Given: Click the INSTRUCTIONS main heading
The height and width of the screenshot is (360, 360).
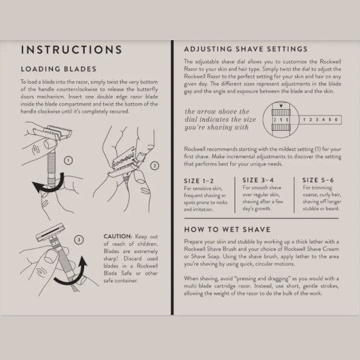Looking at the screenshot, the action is point(71,50).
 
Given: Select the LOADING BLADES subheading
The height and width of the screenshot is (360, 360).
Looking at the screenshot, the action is point(59,69).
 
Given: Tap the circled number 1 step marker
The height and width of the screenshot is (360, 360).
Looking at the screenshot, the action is point(68,160).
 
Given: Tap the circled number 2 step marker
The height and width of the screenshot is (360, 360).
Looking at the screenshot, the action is point(155,166).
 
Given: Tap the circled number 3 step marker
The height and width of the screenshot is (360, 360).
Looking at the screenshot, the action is point(79,240).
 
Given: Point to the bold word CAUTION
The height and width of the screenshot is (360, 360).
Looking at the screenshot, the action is point(118,236).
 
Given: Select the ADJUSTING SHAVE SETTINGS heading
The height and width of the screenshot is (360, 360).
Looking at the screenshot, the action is point(245,49).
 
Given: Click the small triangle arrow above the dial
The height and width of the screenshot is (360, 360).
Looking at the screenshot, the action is point(281,106).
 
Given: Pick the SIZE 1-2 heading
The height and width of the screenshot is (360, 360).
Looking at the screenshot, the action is point(199,181).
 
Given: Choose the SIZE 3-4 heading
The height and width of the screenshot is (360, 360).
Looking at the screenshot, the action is point(258,180).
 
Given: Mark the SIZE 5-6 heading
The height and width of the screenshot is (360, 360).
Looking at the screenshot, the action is point(318,180).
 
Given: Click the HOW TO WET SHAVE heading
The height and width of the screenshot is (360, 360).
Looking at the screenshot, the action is point(227,229).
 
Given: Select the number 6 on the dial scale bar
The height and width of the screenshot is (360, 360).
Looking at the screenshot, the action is point(336,119).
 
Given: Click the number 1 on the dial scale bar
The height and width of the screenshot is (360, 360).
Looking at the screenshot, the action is point(304,119).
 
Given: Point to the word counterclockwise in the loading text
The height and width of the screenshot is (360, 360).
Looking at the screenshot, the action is point(77,89).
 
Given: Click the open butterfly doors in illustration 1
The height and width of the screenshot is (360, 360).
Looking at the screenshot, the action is point(52,132).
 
